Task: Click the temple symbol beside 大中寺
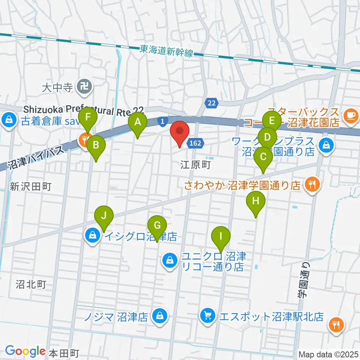pyautogui.click(x=81, y=88)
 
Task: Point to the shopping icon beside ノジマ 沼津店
pyautogui.click(x=159, y=316)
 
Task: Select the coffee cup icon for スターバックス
pyautogui.click(x=351, y=114)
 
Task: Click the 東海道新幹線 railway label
pyautogui.click(x=166, y=51)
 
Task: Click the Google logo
pyautogui.click(x=25, y=351)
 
